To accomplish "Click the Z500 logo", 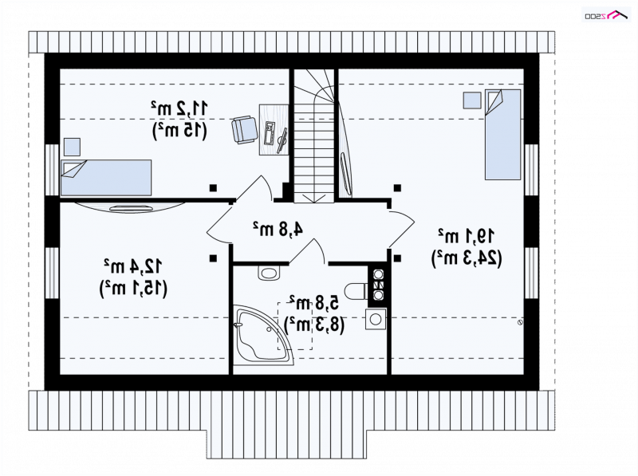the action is (607, 15).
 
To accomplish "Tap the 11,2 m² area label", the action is (179, 108).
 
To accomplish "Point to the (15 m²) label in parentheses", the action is (179, 130).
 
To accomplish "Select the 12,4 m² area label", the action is (133, 266).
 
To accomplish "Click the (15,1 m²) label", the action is (133, 289).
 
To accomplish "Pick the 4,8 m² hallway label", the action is (278, 229).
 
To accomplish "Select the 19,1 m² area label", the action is (467, 236).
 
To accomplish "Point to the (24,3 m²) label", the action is (467, 258).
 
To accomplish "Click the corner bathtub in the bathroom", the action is (263, 335).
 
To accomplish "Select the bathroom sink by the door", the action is (269, 273).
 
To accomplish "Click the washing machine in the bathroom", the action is (375, 319).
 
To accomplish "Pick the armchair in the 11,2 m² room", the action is (244, 130).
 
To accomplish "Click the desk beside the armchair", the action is (274, 129).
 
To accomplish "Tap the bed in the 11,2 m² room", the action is (106, 178).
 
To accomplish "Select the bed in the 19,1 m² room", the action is (502, 135).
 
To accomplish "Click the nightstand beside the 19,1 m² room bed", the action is (472, 100).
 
